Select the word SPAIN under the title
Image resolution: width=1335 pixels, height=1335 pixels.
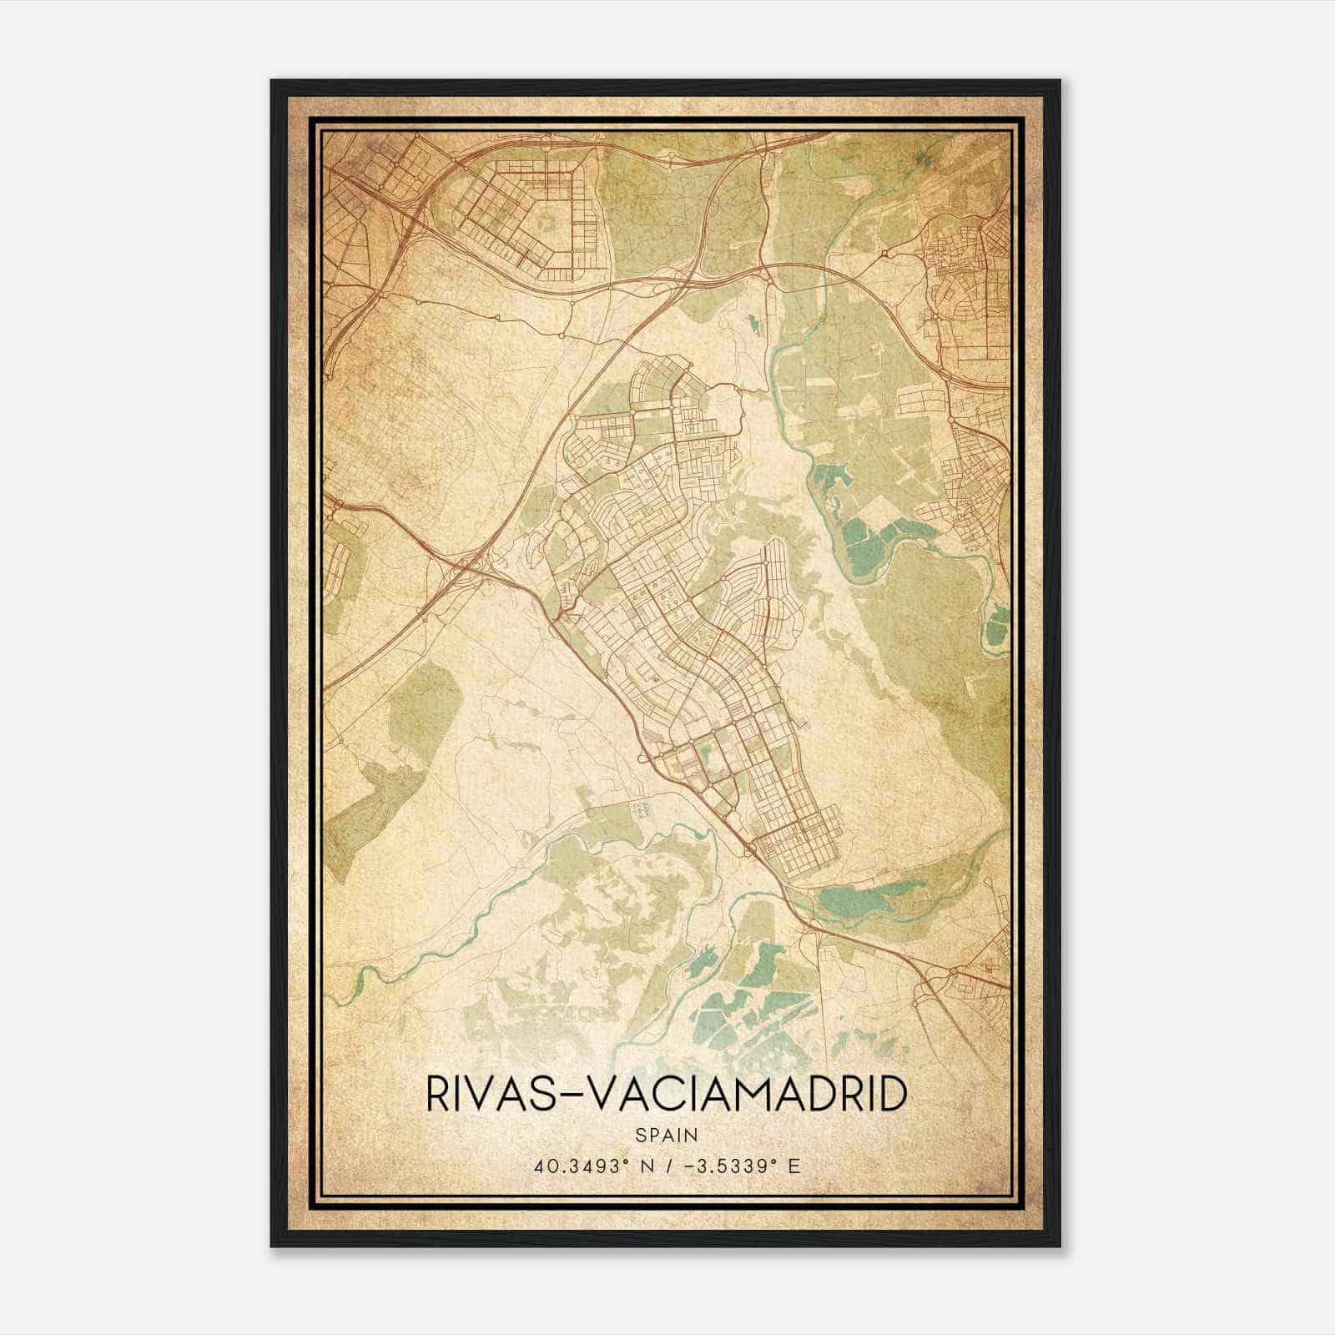coord(666,1135)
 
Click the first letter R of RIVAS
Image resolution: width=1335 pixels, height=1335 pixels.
coord(436,1093)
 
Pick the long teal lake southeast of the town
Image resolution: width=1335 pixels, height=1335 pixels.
coord(859,899)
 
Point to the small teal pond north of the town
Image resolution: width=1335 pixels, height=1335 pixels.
coord(753,320)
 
